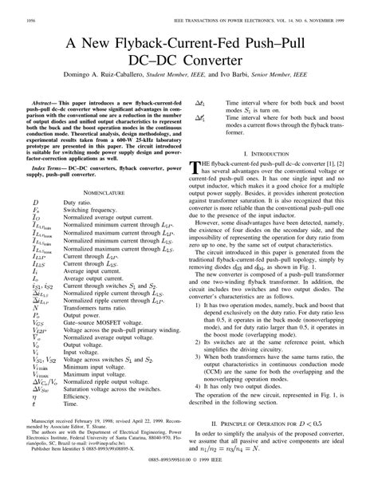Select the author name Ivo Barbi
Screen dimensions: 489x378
coord(284,76)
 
